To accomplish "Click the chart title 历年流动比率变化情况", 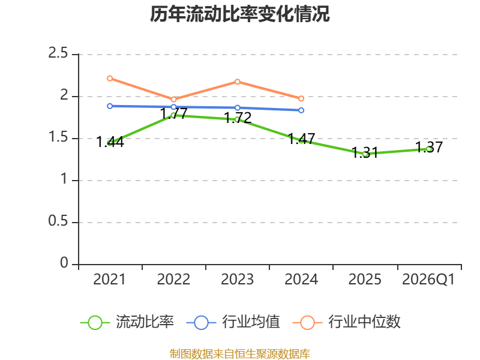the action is click(239, 14).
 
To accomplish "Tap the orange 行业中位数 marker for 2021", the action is click(110, 79).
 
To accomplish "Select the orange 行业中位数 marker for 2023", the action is click(238, 82).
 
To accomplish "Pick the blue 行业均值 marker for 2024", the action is click(301, 110).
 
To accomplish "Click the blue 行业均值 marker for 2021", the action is click(110, 106).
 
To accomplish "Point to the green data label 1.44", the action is click(110, 142).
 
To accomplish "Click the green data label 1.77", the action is click(173, 114).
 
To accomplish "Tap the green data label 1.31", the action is click(365, 152).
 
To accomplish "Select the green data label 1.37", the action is click(429, 147).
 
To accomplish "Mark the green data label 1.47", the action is click(301, 139).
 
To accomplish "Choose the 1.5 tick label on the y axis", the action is click(58, 137).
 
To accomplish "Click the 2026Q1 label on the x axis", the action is click(428, 280).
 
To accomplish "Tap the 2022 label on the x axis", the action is click(173, 280).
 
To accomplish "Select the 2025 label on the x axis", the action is click(365, 280).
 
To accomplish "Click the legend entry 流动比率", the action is click(127, 322).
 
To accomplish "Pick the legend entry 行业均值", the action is click(233, 322).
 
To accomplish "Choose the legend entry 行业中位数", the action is click(347, 322).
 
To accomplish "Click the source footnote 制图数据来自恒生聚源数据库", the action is click(239, 354).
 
